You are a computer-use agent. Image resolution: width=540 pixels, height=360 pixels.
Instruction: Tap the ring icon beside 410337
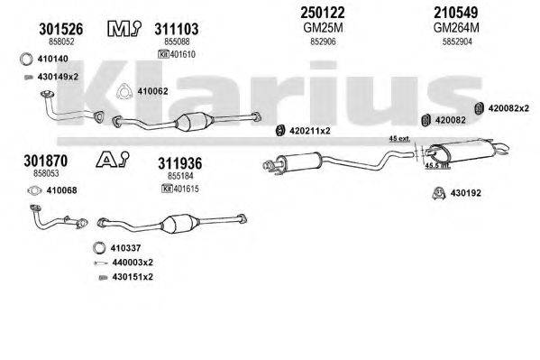(100, 248)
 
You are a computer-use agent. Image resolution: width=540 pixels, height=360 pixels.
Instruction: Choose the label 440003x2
(133, 262)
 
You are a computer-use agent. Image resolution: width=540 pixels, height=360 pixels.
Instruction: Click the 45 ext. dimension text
(398, 139)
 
